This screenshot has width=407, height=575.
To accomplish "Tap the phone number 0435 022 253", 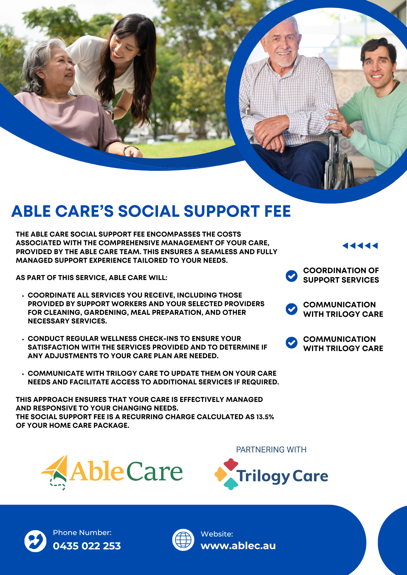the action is click(87, 546).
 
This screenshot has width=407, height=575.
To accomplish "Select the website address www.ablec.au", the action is click(238, 545).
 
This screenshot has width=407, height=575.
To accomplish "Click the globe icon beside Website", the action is click(183, 540).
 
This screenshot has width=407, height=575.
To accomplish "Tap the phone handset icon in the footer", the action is click(35, 541).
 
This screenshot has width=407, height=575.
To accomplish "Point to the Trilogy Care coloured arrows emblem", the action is click(227, 474).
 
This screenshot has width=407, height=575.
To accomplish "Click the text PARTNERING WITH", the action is click(271, 450).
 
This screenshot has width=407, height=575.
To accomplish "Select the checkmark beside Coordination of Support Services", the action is click(292, 276).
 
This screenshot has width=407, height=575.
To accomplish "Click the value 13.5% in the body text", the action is click(265, 417).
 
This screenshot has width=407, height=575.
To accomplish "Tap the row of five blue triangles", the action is click(360, 246).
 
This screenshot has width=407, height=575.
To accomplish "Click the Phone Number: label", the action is click(82, 532).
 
